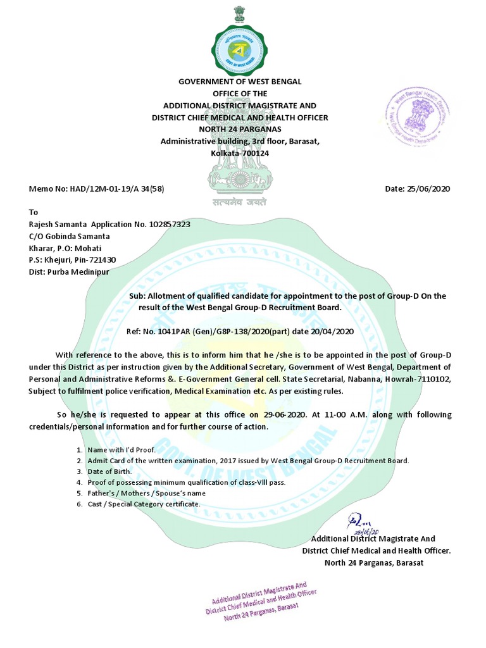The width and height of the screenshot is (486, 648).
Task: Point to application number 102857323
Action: click(x=166, y=224)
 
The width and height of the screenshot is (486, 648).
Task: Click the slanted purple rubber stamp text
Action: click(x=261, y=602)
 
